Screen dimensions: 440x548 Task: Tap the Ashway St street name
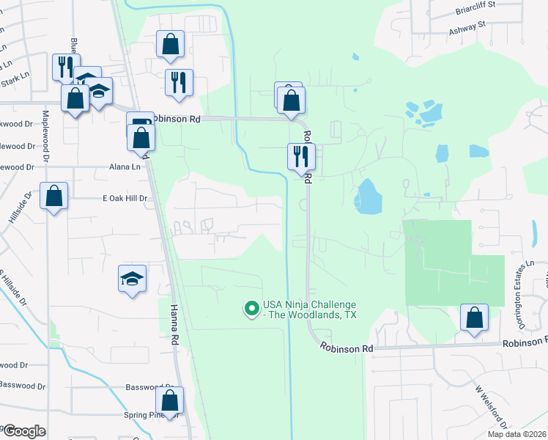pyautogui.click(x=467, y=24)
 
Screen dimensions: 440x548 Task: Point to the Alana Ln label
pyautogui.click(x=125, y=167)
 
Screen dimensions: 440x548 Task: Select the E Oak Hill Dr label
pyautogui.click(x=125, y=198)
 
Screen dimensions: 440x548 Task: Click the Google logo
pyautogui.click(x=23, y=431)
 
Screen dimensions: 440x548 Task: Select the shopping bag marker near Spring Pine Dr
pyautogui.click(x=169, y=400)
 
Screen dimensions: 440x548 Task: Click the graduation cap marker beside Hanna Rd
pyautogui.click(x=132, y=279)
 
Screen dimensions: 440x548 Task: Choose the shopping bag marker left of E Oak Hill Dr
pyautogui.click(x=54, y=196)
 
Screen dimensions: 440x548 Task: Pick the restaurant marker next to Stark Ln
pyautogui.click(x=64, y=67)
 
